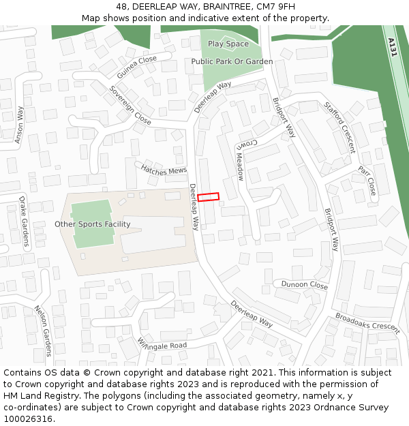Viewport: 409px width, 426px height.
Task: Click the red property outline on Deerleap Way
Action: tap(209, 197)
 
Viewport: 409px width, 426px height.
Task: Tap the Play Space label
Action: tap(228, 44)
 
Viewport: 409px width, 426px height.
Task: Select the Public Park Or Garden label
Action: tap(232, 61)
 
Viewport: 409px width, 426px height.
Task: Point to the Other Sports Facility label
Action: tap(92, 224)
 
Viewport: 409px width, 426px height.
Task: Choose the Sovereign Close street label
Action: tap(130, 105)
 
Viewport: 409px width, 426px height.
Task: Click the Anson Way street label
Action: tap(20, 125)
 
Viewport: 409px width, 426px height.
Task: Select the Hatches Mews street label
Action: tap(164, 170)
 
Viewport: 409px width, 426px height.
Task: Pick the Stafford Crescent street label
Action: tap(340, 127)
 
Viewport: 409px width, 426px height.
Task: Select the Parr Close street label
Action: tap(367, 179)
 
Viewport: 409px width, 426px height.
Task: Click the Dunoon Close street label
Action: tap(305, 285)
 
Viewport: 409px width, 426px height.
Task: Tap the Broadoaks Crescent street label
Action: tap(367, 322)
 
